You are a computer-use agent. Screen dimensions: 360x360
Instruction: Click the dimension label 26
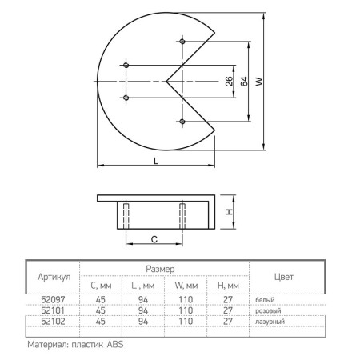tap(229, 82)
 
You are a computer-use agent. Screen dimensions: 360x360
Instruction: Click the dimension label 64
tap(244, 82)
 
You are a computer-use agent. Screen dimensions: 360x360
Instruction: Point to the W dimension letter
tap(259, 82)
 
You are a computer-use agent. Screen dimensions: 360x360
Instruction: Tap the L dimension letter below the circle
tap(156, 161)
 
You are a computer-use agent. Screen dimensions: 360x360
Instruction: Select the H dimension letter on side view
tap(229, 212)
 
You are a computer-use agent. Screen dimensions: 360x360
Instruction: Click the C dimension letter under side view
tap(154, 239)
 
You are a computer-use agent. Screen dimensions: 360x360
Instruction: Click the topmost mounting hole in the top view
tap(182, 42)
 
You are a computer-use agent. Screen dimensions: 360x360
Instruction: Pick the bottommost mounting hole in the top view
tap(182, 122)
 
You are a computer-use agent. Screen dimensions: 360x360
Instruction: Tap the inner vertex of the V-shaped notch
tap(166, 81)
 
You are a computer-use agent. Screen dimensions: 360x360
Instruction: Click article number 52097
tap(53, 299)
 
